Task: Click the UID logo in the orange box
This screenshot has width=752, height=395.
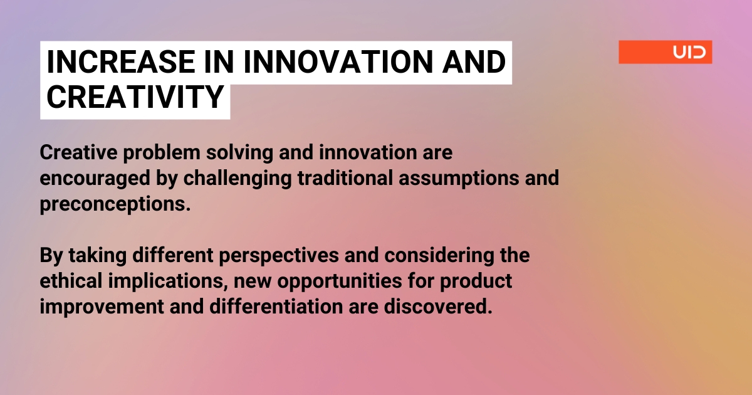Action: [689, 53]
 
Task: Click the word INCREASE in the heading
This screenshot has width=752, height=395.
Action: [121, 62]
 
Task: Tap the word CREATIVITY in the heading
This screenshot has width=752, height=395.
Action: [135, 97]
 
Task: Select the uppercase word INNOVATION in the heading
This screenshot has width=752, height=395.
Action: [338, 62]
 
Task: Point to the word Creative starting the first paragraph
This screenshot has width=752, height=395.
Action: [78, 152]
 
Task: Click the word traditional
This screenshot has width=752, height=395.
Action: [345, 177]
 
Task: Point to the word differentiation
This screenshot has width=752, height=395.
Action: [276, 307]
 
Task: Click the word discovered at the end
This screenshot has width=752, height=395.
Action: [438, 307]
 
